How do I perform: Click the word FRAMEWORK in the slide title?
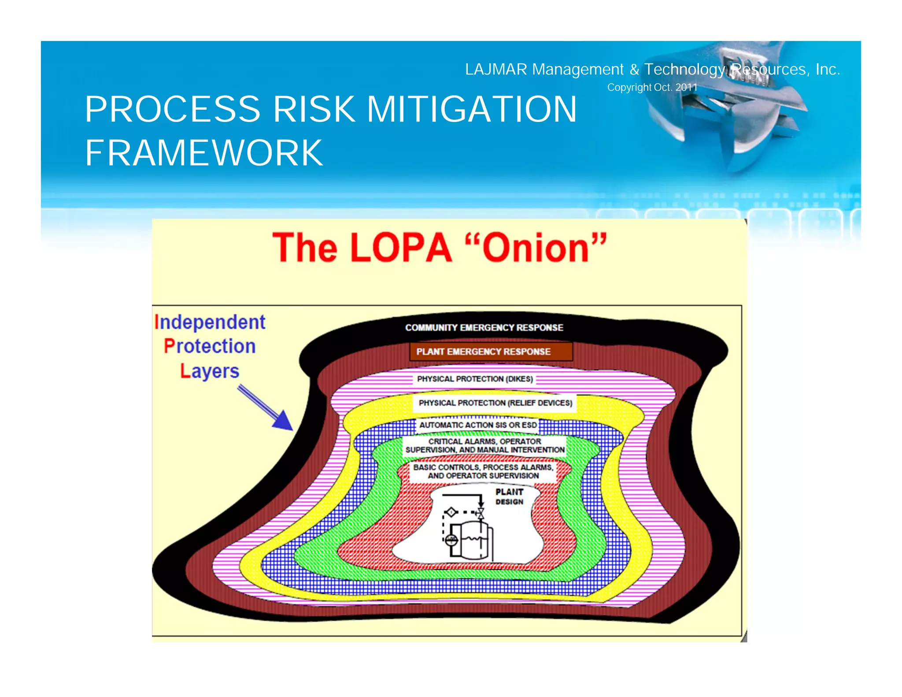click(x=204, y=153)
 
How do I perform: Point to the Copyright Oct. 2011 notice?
click(x=652, y=88)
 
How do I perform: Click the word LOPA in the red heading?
click(x=401, y=248)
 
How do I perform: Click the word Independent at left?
click(x=210, y=323)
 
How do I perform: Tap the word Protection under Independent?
click(x=210, y=346)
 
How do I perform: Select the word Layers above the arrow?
click(x=210, y=371)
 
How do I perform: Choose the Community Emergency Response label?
click(x=484, y=328)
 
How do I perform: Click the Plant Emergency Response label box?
click(x=491, y=352)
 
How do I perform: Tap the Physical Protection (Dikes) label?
click(x=475, y=379)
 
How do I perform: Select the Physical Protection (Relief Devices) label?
click(x=495, y=403)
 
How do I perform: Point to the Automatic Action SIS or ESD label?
click(x=478, y=425)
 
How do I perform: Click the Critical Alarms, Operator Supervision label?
click(x=485, y=445)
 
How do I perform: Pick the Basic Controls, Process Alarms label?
click(x=483, y=471)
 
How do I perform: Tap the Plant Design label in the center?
click(x=510, y=497)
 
